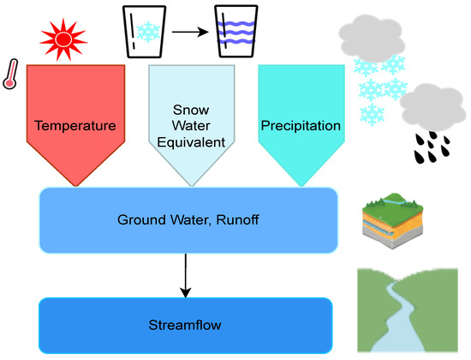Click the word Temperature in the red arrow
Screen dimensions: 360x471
click(75, 125)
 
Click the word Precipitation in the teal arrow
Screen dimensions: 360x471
click(300, 125)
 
